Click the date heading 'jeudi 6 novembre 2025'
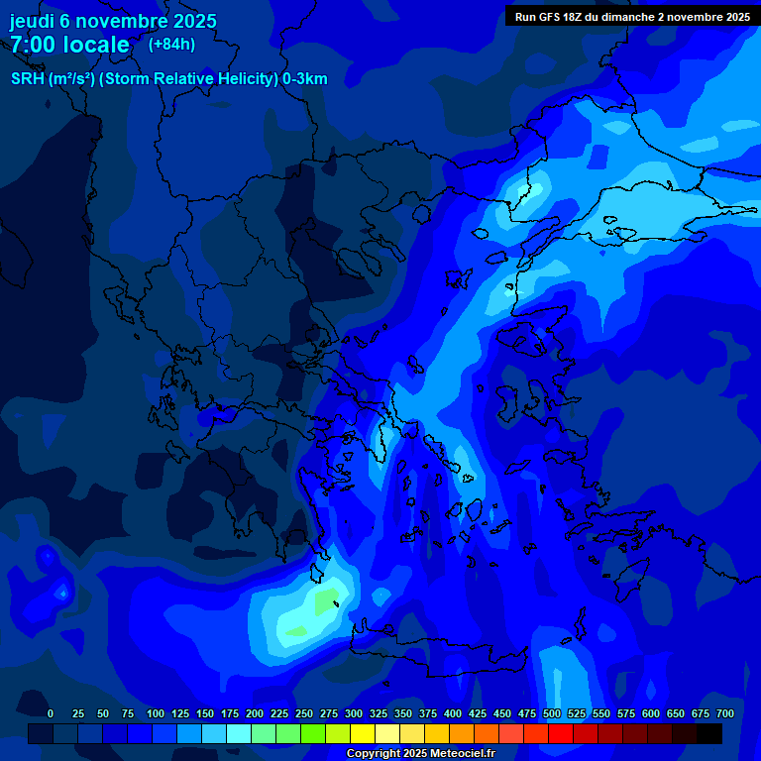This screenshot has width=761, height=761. (x=113, y=21)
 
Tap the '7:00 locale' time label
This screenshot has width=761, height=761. (x=69, y=45)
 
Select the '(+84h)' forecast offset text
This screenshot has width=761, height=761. (x=171, y=44)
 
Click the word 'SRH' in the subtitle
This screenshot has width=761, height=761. (x=28, y=79)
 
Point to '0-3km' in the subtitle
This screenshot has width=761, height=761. (x=304, y=79)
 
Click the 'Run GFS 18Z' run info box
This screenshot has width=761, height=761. (x=632, y=16)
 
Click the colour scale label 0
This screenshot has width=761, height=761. (x=51, y=713)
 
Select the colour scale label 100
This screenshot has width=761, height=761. (x=156, y=713)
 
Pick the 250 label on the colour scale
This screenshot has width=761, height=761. (x=304, y=713)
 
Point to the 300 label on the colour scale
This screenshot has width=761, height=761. (x=354, y=713)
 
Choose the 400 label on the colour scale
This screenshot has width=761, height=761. (x=453, y=713)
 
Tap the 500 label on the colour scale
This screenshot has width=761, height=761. (x=552, y=713)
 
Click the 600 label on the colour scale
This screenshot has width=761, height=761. (x=651, y=713)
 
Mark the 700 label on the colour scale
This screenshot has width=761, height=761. (x=725, y=713)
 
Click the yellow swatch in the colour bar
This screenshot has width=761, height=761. (x=363, y=733)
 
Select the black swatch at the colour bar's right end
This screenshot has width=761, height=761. (x=709, y=733)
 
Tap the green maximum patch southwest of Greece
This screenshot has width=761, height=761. (x=326, y=600)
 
